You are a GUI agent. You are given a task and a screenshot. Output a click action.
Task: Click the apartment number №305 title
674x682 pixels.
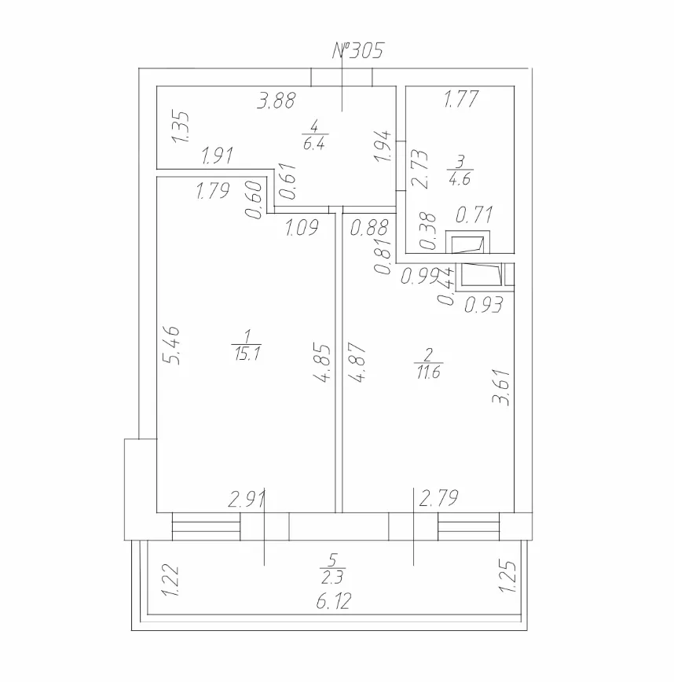(x=358, y=50)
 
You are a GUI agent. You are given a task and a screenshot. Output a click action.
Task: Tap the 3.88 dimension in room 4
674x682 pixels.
(x=277, y=101)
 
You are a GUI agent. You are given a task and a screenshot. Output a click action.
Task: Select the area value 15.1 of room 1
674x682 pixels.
(x=247, y=354)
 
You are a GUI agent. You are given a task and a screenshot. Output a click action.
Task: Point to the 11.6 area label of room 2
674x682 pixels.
(x=429, y=372)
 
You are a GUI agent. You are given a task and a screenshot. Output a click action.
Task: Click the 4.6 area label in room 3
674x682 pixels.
(x=460, y=179)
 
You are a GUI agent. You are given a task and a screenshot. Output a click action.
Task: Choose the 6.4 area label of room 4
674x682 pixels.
(x=314, y=143)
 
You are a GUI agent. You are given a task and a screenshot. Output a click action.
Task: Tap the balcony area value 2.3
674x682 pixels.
(x=332, y=577)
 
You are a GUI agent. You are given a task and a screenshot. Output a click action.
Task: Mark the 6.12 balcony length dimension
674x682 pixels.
(x=334, y=602)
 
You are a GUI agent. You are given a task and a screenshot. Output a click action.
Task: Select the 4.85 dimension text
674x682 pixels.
(x=322, y=364)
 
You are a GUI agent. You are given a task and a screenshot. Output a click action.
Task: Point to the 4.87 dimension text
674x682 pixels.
(x=357, y=362)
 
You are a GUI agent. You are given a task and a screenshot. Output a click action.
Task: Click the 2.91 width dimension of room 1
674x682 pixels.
(x=247, y=500)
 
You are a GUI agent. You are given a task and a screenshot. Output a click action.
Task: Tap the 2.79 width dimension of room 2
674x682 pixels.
(x=438, y=498)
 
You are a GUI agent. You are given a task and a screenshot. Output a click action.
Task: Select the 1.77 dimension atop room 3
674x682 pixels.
(x=461, y=99)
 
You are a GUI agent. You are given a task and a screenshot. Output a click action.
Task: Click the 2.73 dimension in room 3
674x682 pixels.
(x=419, y=169)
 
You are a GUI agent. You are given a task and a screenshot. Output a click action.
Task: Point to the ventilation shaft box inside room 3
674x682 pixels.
(x=468, y=242)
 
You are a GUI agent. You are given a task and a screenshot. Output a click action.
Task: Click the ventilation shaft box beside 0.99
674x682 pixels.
(x=482, y=274)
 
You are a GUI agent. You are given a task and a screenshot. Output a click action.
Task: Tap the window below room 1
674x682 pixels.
(x=206, y=526)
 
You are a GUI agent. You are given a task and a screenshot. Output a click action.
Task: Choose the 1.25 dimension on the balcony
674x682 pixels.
(x=507, y=576)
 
